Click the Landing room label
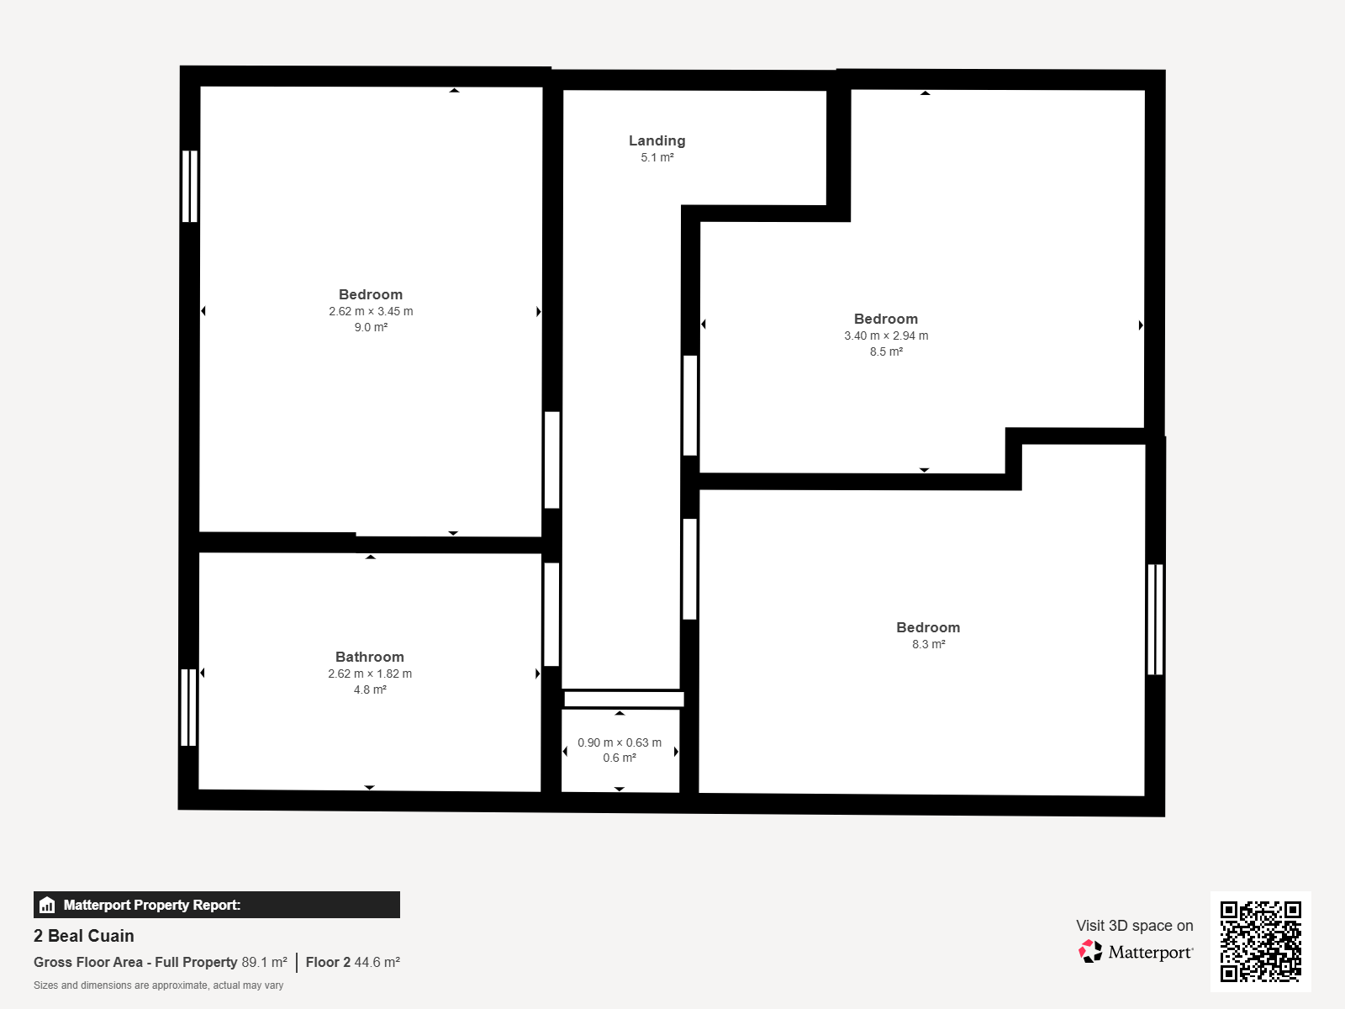[657, 140]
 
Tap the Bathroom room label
[370, 657]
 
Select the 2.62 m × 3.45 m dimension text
[371, 311]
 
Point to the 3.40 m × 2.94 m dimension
[886, 335]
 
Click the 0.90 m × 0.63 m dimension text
[620, 742]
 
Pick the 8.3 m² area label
[928, 644]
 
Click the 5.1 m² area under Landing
[657, 157]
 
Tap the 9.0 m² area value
[371, 327]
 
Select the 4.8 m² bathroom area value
[370, 689]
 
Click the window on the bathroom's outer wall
[189, 707]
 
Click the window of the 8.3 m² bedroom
[1155, 620]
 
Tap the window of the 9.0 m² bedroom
[190, 186]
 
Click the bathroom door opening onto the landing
[551, 615]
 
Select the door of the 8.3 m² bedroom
[690, 569]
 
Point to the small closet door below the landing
[624, 699]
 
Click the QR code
[1260, 942]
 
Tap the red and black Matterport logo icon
[1090, 952]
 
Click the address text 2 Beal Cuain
[84, 936]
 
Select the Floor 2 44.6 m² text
[353, 962]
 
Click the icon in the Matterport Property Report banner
[47, 905]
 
